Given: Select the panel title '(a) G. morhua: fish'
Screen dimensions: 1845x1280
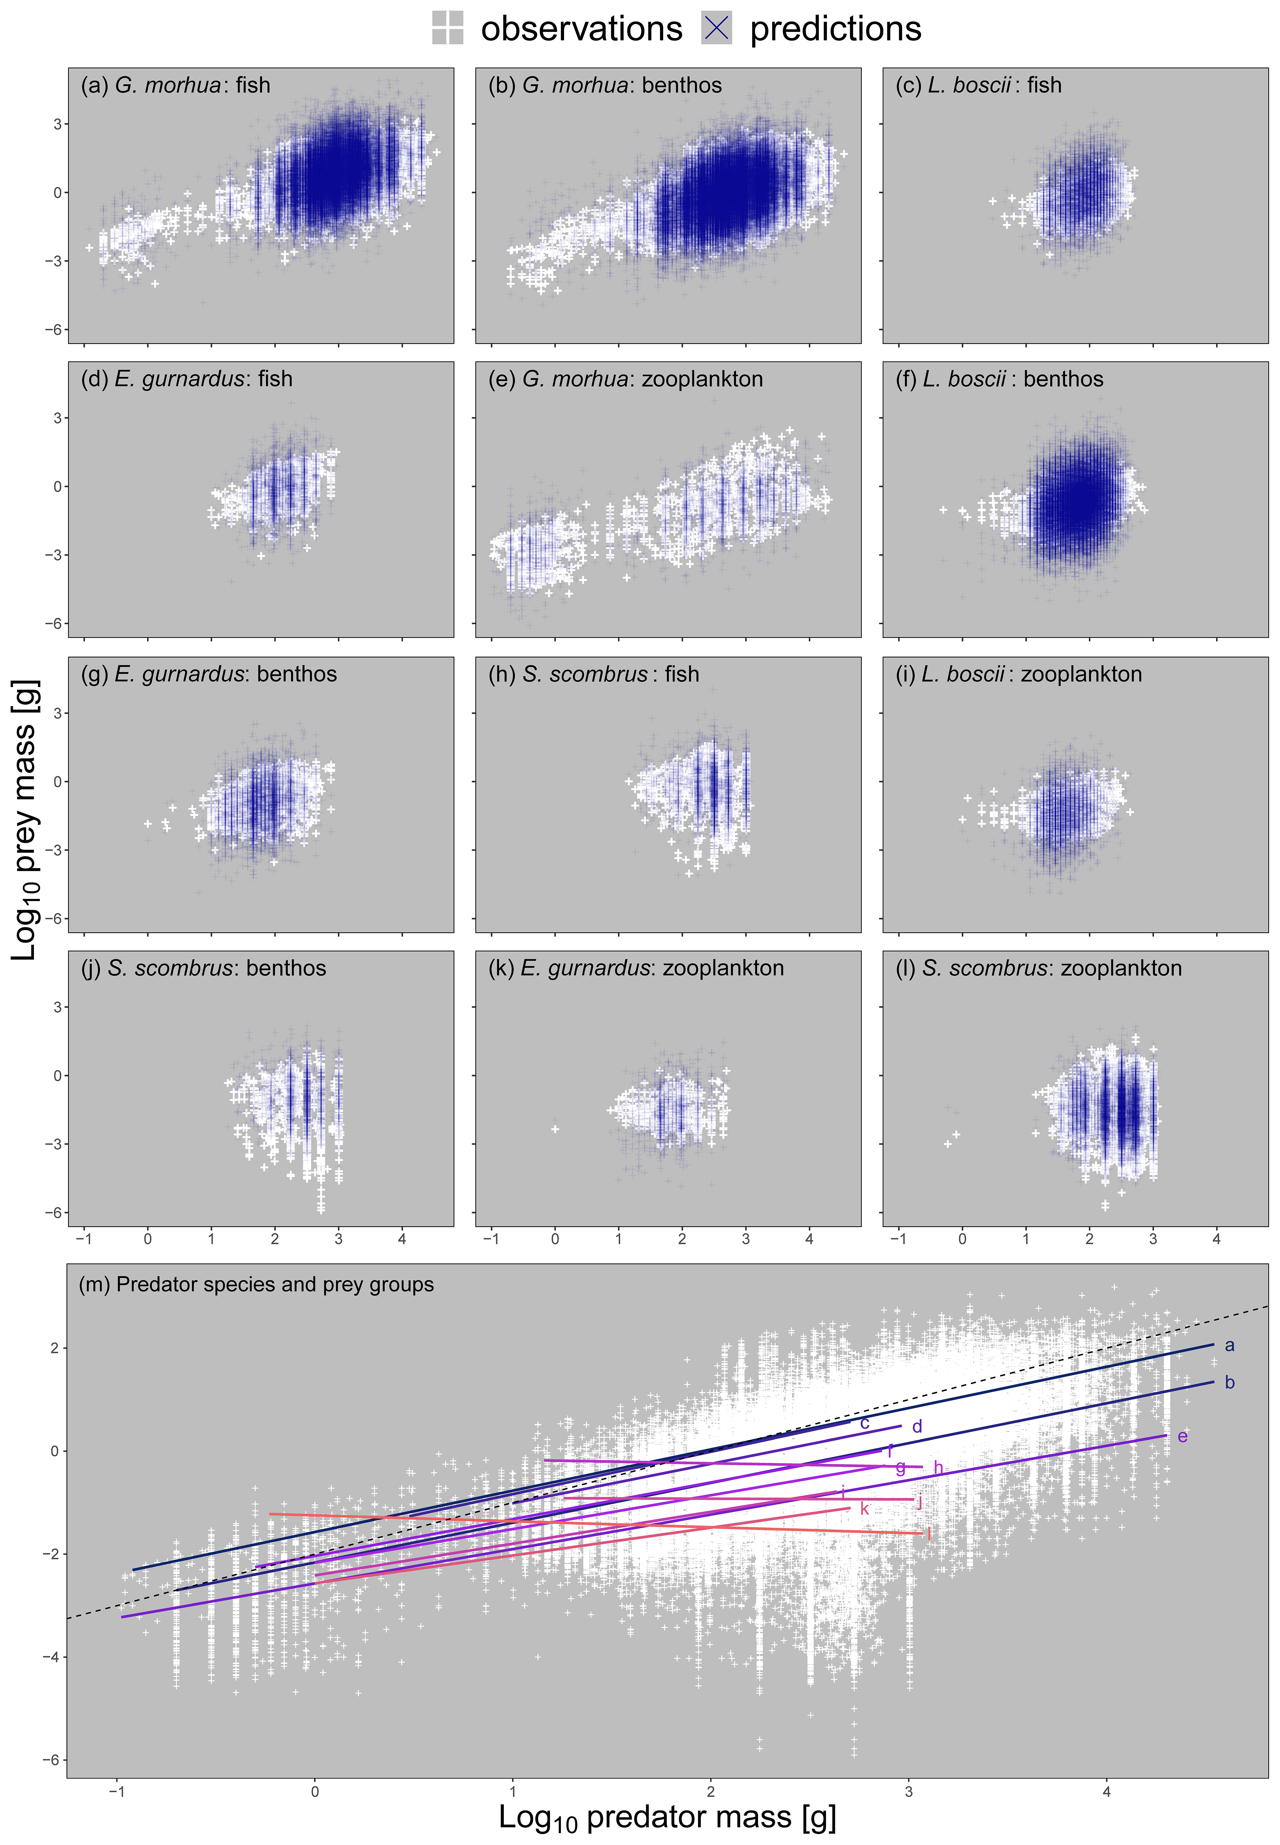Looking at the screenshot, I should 176,86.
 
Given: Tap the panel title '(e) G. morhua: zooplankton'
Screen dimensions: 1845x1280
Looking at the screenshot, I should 626,379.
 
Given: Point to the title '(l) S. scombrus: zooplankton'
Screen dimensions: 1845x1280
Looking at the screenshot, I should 1039,968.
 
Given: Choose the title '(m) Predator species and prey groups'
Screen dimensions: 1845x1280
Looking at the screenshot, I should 256,1284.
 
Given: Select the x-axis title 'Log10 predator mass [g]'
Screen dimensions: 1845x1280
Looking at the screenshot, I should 667,1817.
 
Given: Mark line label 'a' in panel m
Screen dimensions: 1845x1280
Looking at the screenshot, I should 1229,1345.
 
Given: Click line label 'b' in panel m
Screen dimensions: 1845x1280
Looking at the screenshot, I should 1229,1382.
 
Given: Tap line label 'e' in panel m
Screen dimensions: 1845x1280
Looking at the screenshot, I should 1182,1436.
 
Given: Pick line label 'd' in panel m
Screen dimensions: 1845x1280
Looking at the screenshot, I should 917,1426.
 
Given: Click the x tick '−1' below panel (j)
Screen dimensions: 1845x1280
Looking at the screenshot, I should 83,1238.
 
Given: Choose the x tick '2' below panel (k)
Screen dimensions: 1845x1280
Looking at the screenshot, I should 682,1238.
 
